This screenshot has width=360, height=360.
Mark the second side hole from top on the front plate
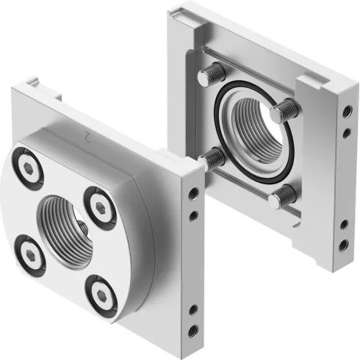[192, 216]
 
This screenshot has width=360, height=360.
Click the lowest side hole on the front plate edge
[192, 330]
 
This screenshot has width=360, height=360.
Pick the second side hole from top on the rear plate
[345, 133]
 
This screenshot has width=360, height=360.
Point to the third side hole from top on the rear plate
[345, 224]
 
